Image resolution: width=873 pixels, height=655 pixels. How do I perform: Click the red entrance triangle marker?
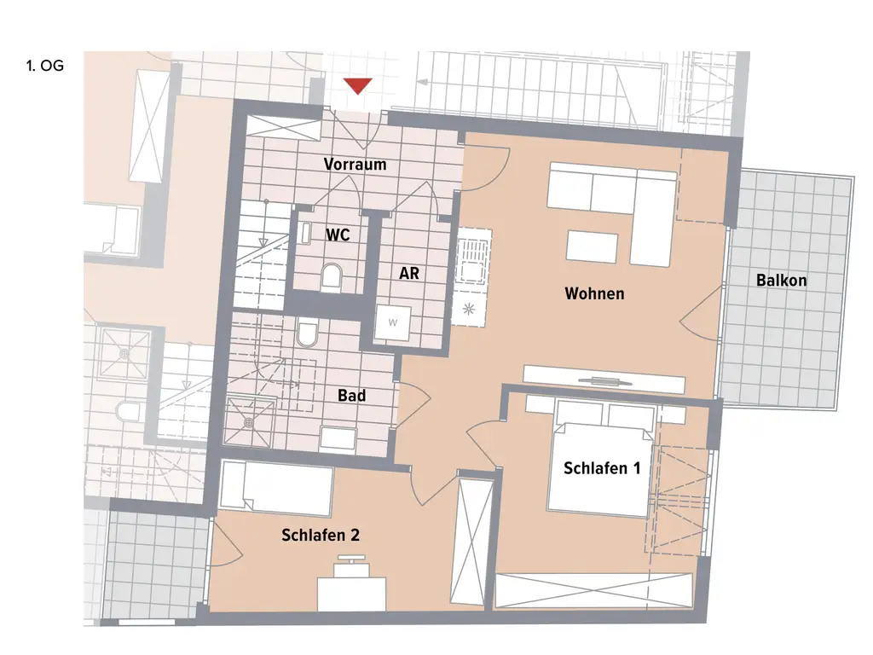358,85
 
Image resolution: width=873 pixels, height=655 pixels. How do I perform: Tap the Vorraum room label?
355,165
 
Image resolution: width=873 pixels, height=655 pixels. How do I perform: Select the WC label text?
338,234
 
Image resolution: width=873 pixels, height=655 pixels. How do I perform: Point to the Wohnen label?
594,294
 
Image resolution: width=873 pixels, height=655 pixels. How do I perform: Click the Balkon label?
781,280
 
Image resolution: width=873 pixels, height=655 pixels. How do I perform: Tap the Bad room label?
351,396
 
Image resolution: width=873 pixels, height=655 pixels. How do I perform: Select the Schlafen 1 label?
601,468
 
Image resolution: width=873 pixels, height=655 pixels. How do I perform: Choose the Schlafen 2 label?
320,536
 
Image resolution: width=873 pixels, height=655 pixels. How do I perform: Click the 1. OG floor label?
45,65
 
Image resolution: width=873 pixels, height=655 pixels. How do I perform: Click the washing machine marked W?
392,322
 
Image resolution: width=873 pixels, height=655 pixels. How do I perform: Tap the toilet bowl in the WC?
332,276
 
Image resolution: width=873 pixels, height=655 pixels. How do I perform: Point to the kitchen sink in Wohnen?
471,259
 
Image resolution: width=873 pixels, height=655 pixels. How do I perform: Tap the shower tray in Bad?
250,421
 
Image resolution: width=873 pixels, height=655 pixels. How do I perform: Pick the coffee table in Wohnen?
591,246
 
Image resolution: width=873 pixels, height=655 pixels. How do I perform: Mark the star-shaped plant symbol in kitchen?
468,308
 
